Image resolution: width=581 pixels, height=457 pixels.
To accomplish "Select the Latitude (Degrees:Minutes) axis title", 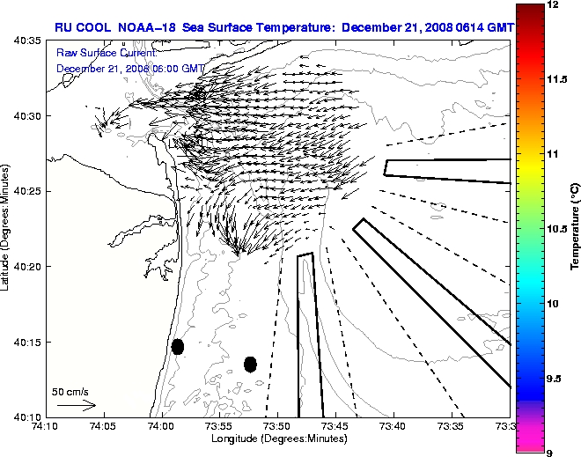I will pyautogui.click(x=7, y=229).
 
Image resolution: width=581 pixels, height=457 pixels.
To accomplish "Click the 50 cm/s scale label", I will pyautogui.click(x=70, y=392).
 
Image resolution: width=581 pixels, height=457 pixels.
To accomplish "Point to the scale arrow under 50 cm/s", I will pyautogui.click(x=76, y=405).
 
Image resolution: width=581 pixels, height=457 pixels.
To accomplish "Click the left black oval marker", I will pyautogui.click(x=178, y=346).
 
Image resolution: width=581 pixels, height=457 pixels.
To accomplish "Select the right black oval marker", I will pyautogui.click(x=250, y=364).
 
